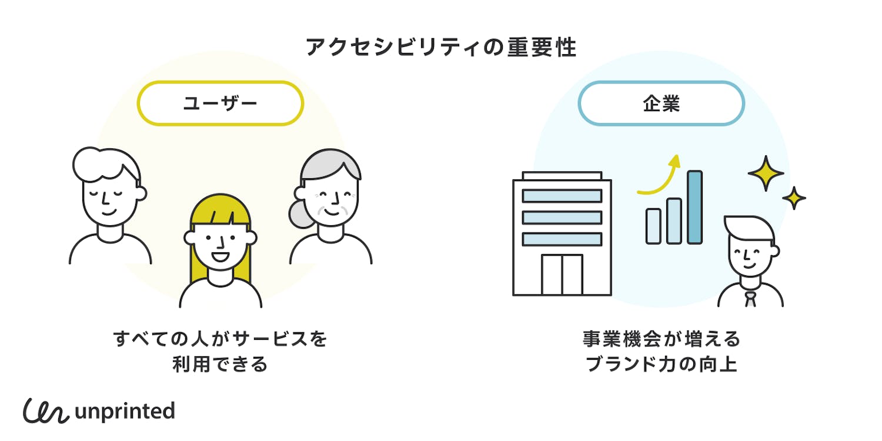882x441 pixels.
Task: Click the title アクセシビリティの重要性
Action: pos(441,48)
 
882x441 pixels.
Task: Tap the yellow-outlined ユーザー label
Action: pos(220,103)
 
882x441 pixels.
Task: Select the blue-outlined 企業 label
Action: pos(661,103)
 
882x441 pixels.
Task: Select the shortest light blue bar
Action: pos(653,226)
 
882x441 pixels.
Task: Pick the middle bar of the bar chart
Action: pos(674,220)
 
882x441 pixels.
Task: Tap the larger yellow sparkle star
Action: pos(766,173)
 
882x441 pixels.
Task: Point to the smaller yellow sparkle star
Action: pos(794,198)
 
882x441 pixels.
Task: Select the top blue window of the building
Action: pos(562,196)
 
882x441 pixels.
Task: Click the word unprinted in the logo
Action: pos(125,411)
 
